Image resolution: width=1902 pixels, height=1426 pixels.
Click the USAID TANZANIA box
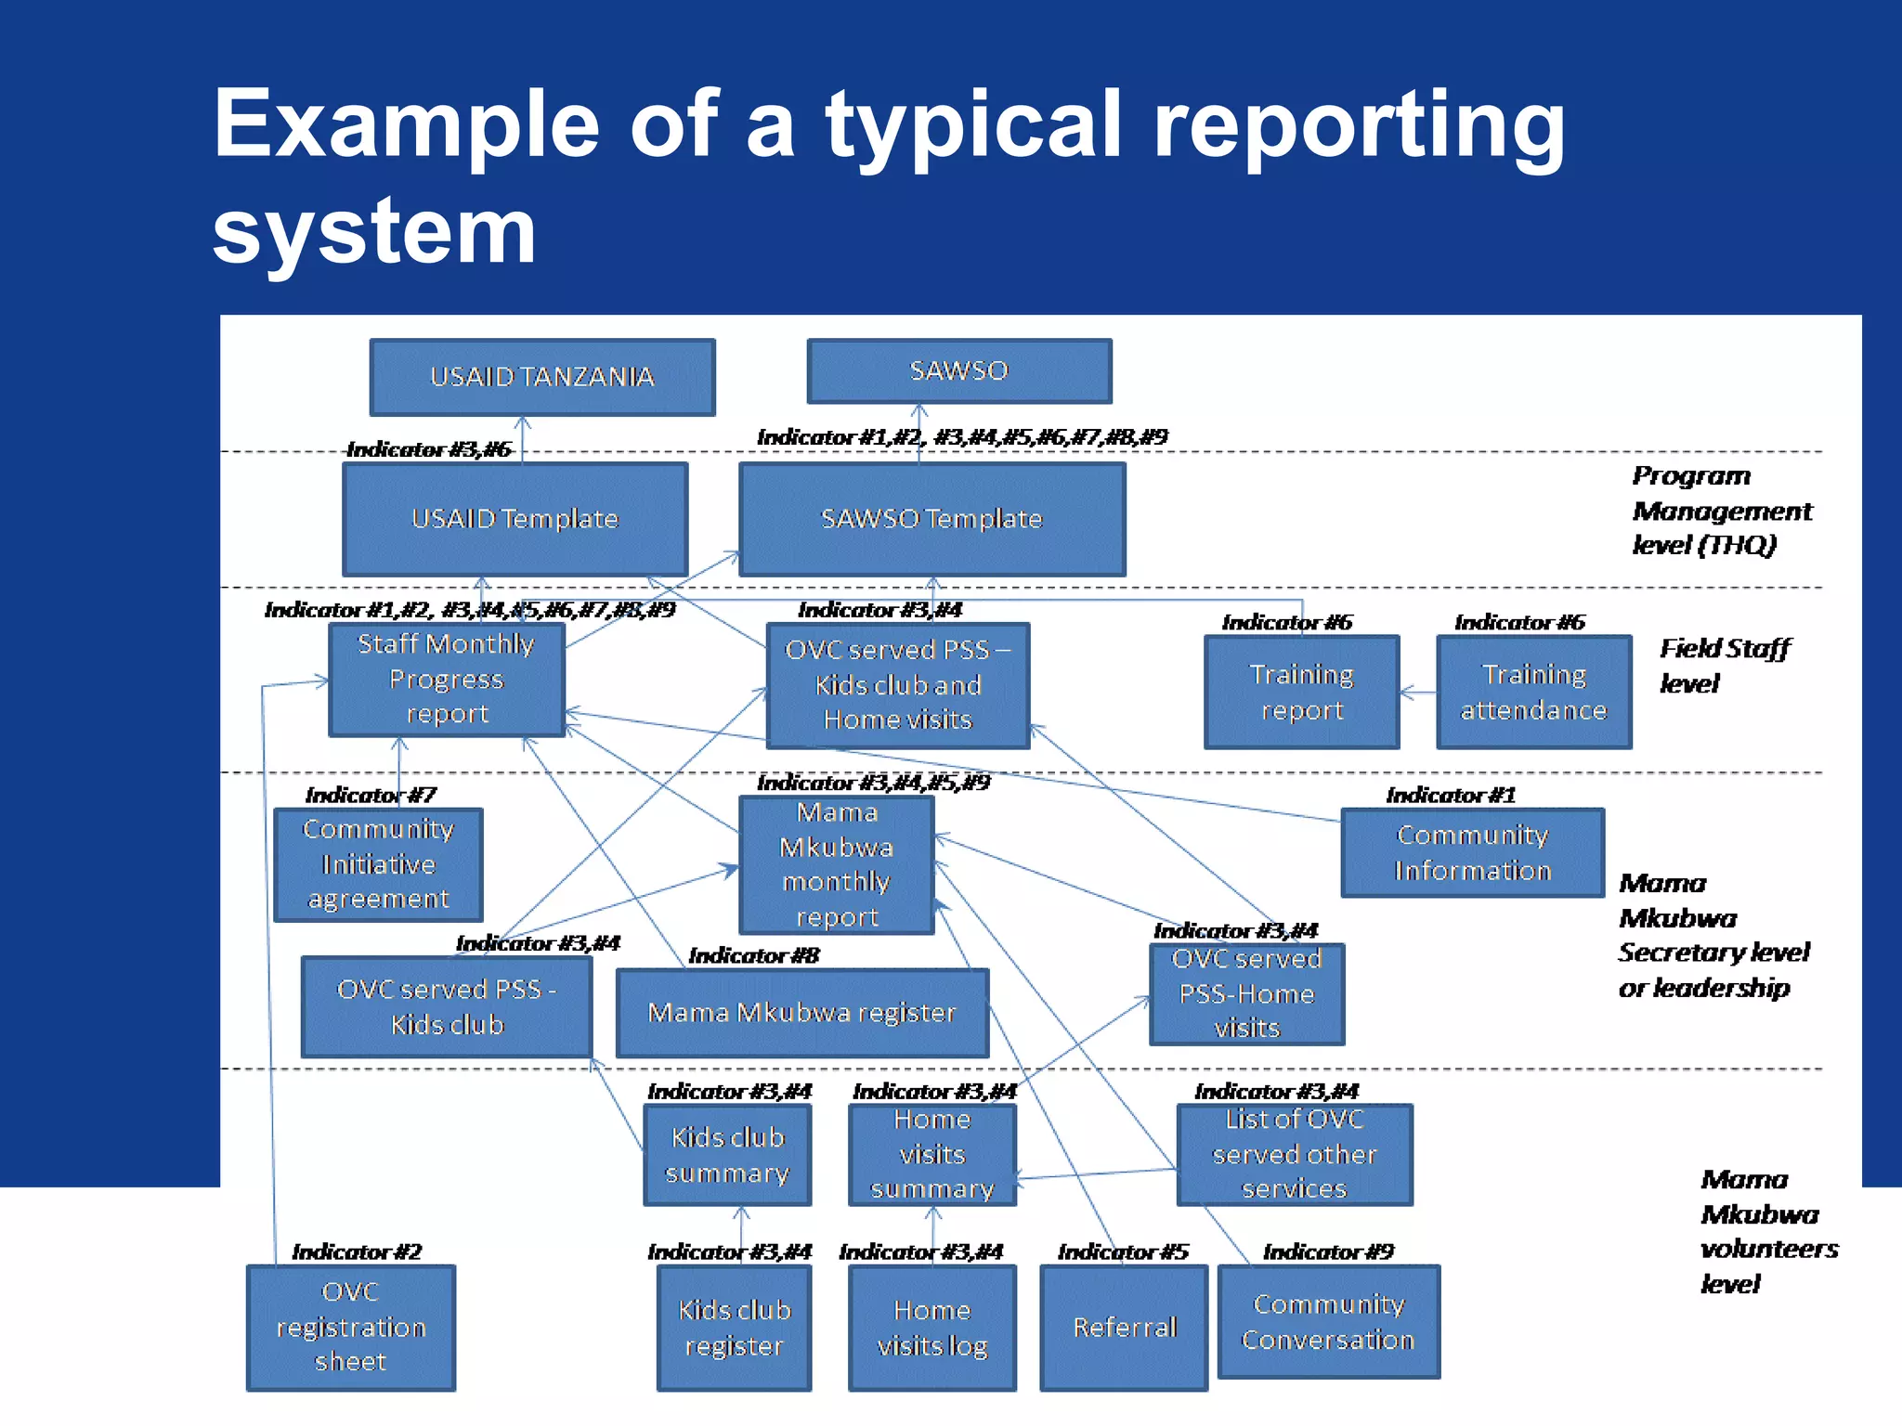click(542, 377)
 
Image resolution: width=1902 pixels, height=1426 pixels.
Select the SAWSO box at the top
click(958, 370)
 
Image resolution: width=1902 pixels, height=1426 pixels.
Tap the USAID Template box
click(515, 519)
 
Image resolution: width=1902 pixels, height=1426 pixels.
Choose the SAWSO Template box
click(931, 519)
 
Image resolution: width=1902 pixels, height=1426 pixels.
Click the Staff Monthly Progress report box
click(447, 679)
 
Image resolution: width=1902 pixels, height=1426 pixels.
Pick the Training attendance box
click(1533, 692)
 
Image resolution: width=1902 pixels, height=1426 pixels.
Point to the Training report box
click(1301, 692)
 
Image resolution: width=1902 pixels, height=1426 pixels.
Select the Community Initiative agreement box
click(378, 864)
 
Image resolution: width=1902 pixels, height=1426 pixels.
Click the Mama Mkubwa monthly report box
click(836, 864)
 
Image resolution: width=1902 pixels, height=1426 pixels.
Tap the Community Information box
click(1472, 852)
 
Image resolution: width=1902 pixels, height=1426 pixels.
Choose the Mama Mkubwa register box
click(801, 1013)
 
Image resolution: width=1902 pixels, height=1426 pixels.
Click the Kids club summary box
click(727, 1155)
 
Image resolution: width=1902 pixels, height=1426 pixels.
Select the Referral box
click(1124, 1328)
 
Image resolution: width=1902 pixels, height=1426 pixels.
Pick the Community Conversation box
click(1328, 1322)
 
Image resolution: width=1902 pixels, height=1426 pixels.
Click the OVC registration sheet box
click(350, 1328)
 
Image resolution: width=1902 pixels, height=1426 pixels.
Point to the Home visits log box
click(931, 1328)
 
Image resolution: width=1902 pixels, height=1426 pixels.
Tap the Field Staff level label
click(1723, 666)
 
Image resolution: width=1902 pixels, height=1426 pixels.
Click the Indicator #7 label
click(371, 796)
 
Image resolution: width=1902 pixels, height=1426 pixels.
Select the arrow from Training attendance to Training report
click(1417, 693)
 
